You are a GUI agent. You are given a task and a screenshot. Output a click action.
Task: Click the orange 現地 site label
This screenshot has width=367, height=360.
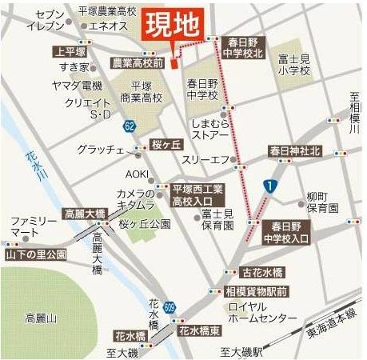click(x=172, y=26)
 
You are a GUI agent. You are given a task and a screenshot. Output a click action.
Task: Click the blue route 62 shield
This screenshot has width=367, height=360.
click(x=130, y=126)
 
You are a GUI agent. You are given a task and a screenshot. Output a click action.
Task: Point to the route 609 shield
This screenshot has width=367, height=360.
click(x=170, y=306)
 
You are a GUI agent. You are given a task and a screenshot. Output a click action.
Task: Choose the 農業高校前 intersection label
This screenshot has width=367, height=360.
click(x=137, y=62)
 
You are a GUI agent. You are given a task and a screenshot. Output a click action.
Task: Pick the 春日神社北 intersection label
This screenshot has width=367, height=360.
click(x=294, y=150)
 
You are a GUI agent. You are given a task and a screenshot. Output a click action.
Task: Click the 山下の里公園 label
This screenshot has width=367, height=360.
click(x=35, y=254)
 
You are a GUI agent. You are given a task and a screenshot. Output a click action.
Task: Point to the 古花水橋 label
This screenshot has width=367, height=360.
click(x=264, y=273)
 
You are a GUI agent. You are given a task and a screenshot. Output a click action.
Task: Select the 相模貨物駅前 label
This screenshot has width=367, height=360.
click(x=256, y=290)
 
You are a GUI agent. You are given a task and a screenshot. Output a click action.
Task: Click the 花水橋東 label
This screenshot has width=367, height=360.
click(x=199, y=330)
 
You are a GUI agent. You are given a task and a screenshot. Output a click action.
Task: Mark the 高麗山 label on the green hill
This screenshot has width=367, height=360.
click(x=40, y=318)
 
